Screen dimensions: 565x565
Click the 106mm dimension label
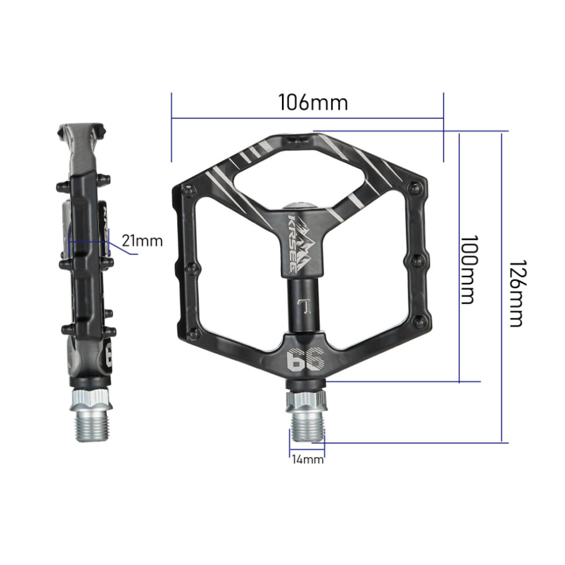(x=313, y=103)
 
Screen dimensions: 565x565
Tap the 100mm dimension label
(x=470, y=270)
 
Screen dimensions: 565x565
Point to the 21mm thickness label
(x=142, y=241)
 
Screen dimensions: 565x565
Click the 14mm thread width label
(x=308, y=459)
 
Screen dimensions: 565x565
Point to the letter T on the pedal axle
(x=305, y=306)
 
